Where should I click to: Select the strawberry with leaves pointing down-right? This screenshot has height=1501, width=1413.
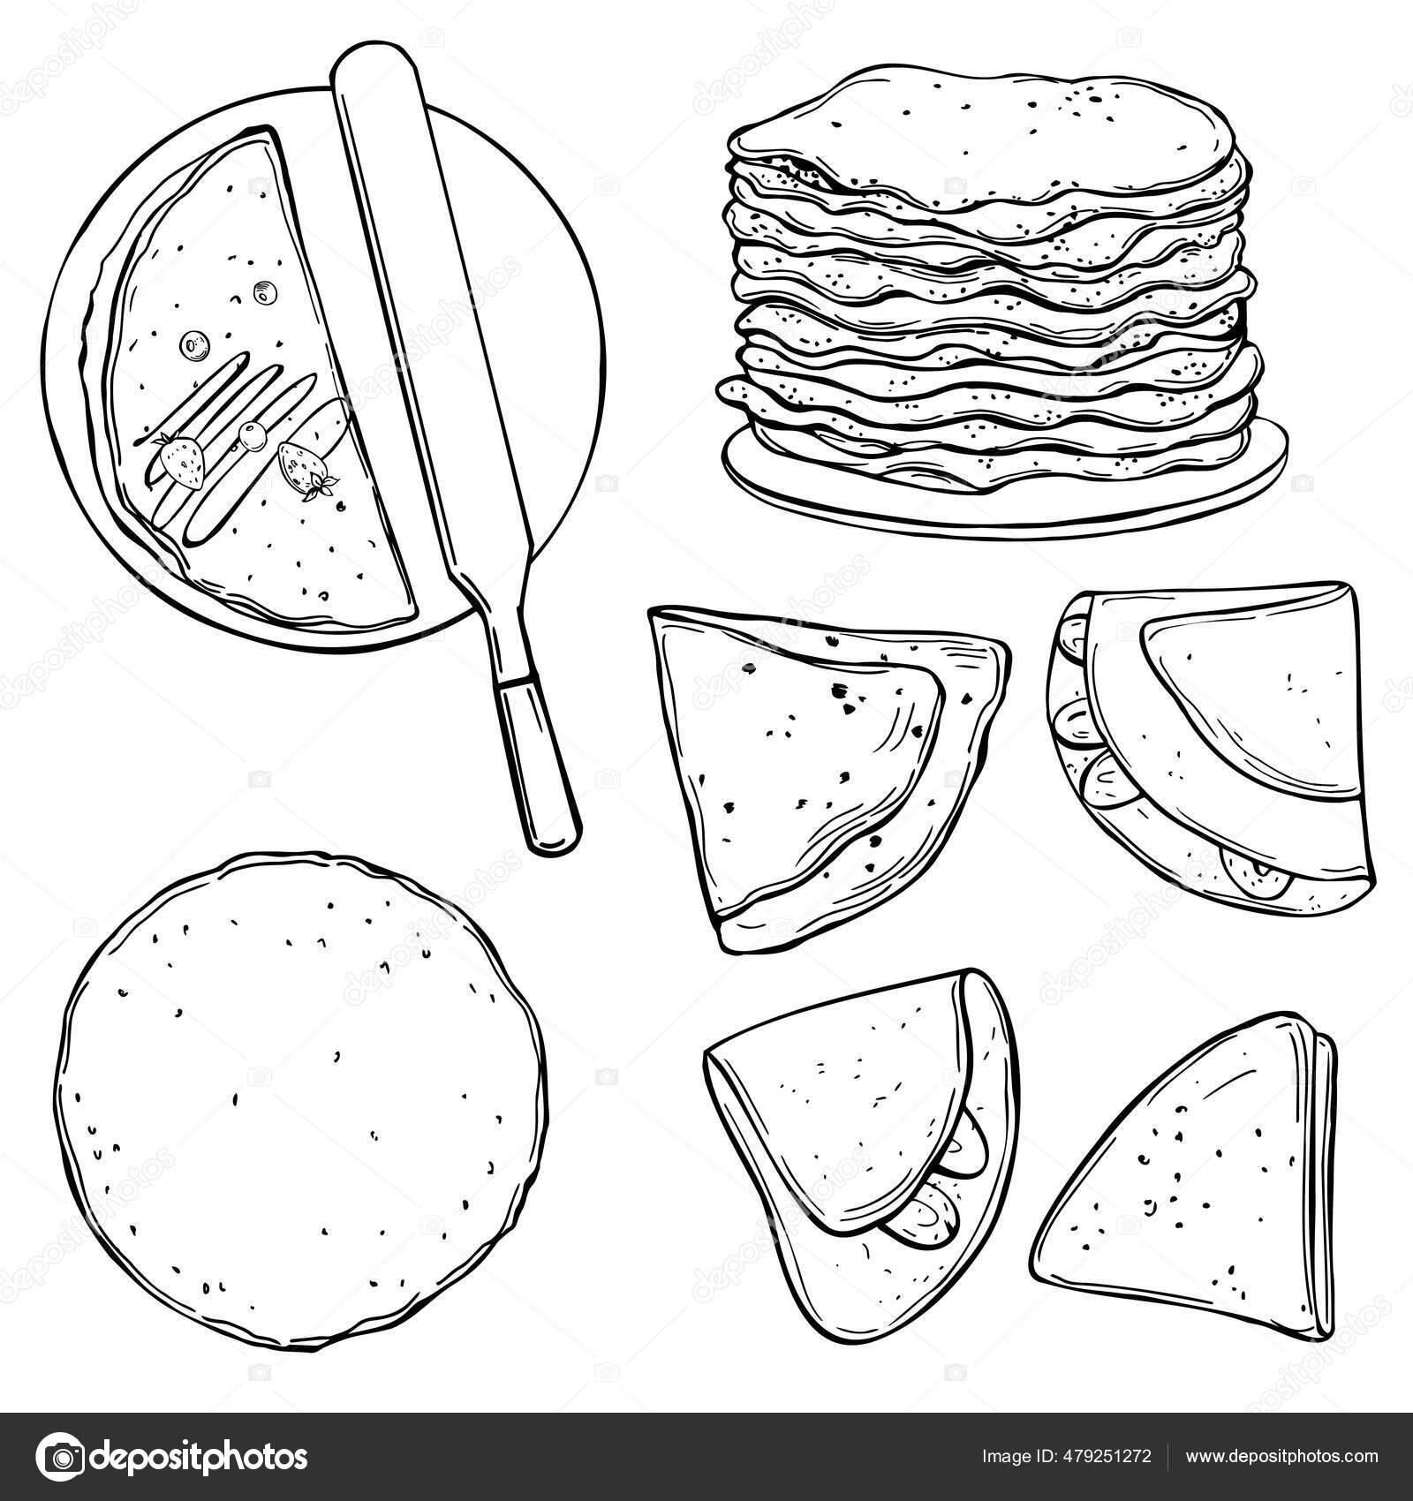(x=305, y=468)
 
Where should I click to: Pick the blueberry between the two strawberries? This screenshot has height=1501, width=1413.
(x=253, y=432)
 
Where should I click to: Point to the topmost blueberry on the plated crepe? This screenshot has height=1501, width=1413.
(x=262, y=290)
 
